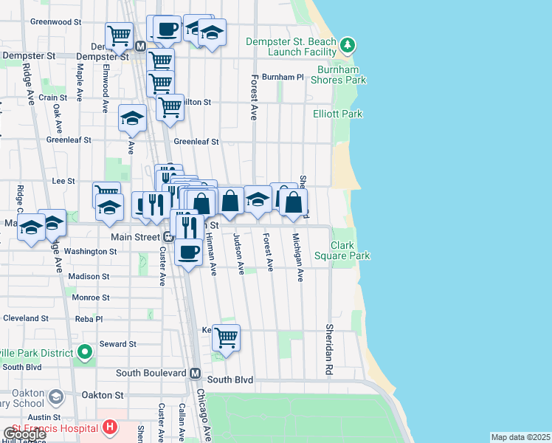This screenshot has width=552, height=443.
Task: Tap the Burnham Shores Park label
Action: [x=342, y=75]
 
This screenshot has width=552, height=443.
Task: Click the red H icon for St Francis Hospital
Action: [x=110, y=427]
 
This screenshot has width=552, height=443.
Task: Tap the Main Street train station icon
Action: [x=168, y=237]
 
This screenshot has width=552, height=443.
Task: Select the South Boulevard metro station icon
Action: [x=196, y=374]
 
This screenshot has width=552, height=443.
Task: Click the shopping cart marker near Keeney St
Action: [x=226, y=337]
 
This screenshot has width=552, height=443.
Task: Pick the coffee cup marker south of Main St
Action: [x=188, y=251]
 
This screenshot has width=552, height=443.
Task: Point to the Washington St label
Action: [x=90, y=251]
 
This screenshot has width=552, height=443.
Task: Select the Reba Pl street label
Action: [x=89, y=319]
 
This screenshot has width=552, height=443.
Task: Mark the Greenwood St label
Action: [x=55, y=22]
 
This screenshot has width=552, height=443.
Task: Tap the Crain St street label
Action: [x=53, y=97]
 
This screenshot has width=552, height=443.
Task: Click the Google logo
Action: [x=24, y=434]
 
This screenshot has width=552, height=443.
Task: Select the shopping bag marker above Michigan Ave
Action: [x=293, y=202]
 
